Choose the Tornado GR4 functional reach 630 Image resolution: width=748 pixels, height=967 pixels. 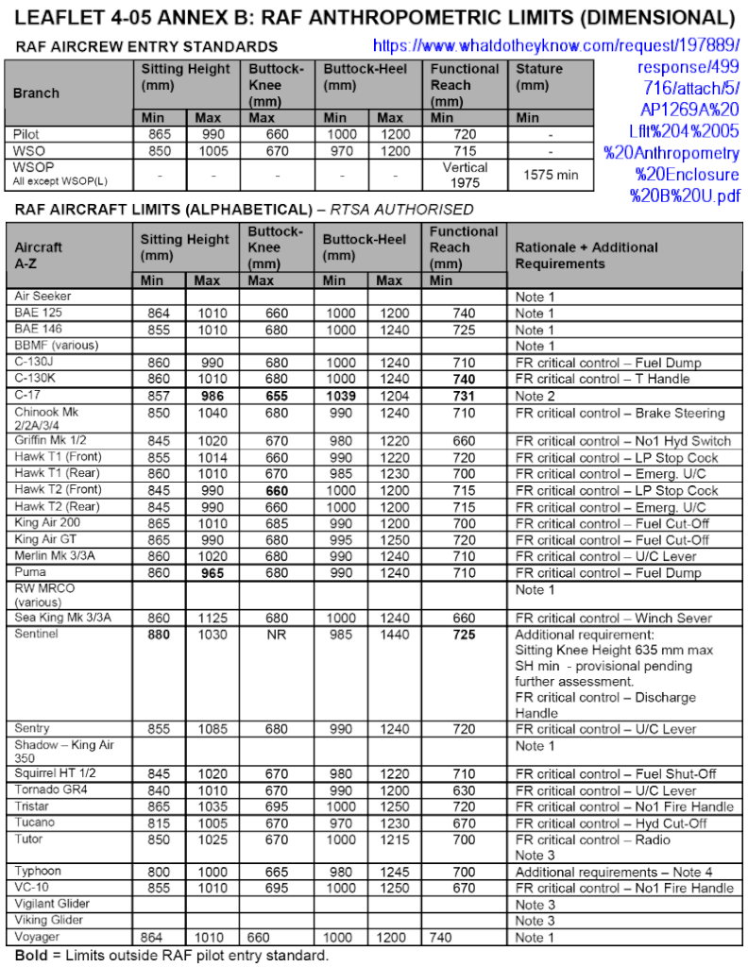click(464, 790)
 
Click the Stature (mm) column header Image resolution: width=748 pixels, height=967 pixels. click(540, 76)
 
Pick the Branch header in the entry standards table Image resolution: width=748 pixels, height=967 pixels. click(36, 93)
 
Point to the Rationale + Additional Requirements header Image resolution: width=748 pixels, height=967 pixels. click(586, 255)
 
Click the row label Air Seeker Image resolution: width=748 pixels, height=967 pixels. click(42, 296)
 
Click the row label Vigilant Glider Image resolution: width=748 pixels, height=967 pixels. click(55, 904)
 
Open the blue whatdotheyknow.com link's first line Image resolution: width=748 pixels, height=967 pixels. click(556, 45)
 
